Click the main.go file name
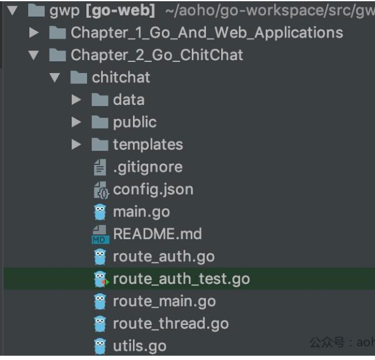(141, 212)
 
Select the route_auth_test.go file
(181, 279)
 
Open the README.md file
(157, 234)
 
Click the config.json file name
(153, 190)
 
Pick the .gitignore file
(147, 167)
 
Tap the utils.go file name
(139, 346)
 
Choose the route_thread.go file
(170, 324)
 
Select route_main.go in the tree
(164, 301)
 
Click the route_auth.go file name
(163, 256)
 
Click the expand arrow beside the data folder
(77, 100)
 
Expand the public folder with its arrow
(77, 123)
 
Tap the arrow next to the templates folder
(77, 145)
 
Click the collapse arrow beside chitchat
(55, 78)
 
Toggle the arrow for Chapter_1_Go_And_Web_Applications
(34, 33)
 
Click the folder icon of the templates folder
(100, 145)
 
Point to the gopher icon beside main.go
(100, 212)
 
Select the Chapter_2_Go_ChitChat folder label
(157, 55)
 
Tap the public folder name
(134, 123)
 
